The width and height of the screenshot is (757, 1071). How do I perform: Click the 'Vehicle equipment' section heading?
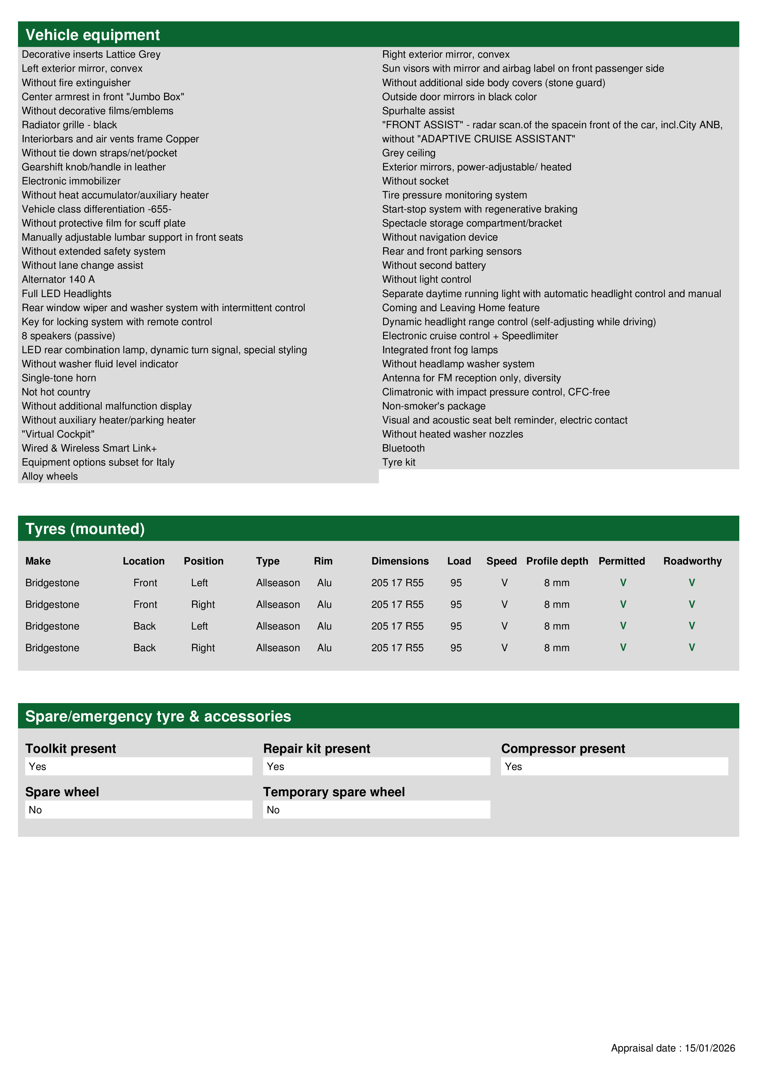(92, 35)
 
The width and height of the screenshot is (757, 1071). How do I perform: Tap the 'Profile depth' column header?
(557, 561)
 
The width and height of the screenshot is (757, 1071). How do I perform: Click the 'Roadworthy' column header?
(692, 561)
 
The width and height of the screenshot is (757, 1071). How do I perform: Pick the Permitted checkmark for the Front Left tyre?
(623, 583)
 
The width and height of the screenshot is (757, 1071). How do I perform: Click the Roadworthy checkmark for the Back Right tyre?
(692, 648)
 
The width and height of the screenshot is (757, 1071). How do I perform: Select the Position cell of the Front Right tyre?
(203, 604)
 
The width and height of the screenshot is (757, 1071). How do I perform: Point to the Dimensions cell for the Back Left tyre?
(397, 626)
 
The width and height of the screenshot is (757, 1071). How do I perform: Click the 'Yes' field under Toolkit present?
(139, 766)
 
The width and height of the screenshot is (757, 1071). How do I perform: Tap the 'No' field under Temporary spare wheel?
(376, 810)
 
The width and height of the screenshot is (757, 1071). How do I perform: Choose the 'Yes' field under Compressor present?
(614, 766)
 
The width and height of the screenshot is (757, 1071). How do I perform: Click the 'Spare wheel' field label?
(62, 792)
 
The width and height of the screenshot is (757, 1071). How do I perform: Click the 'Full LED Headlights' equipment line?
(67, 294)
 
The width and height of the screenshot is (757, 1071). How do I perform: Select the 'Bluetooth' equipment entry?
(404, 448)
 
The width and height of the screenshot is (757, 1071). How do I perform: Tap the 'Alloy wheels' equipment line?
(50, 476)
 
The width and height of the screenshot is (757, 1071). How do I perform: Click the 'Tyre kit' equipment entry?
(399, 462)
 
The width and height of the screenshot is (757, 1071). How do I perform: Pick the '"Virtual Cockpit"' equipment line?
(58, 434)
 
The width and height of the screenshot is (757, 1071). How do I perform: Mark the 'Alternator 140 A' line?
(58, 279)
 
